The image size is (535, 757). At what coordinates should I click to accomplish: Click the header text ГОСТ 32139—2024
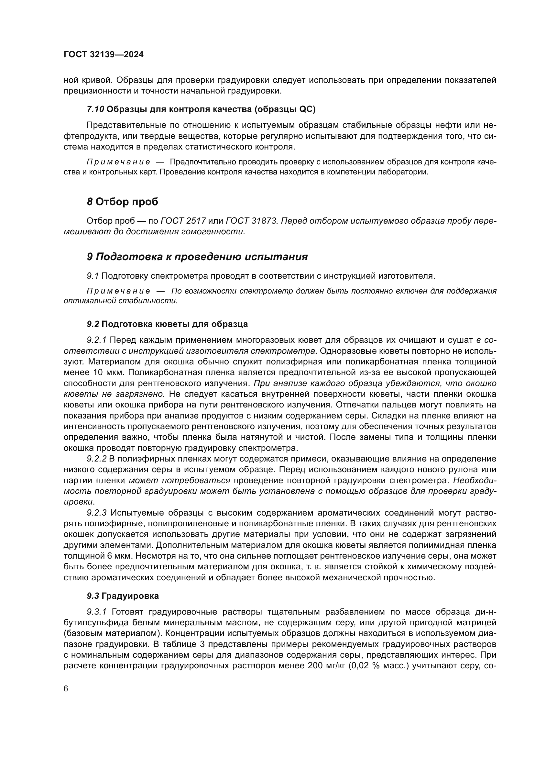coord(104,55)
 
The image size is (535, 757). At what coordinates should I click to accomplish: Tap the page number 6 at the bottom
coord(66,689)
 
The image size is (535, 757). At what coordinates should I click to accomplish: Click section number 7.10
coord(95,109)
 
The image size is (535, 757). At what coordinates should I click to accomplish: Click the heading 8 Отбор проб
coord(122,202)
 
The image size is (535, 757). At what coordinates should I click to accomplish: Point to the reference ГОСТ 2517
coord(183,221)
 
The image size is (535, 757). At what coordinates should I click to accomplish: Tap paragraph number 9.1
coord(93,276)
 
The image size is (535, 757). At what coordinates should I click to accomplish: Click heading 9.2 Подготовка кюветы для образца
coord(167,324)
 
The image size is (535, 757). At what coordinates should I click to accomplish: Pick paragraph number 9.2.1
coord(96,340)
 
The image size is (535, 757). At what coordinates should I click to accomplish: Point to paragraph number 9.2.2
coord(96,459)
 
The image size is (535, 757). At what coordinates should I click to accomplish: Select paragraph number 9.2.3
coord(96,513)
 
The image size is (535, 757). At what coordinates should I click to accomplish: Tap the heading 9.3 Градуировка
coord(123,596)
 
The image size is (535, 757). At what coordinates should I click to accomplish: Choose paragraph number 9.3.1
coord(96,612)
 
